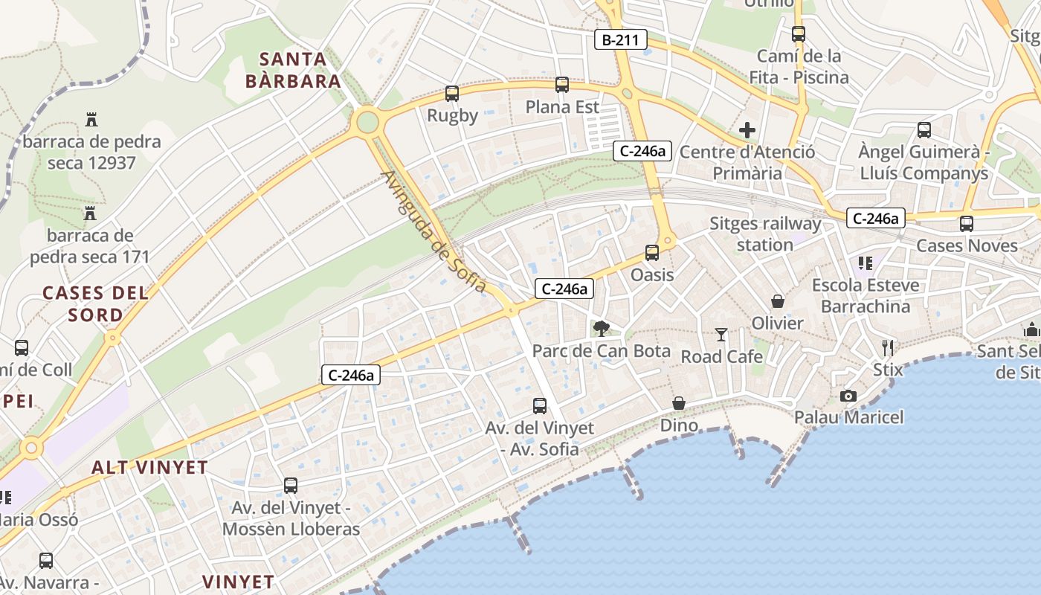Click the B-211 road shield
tap(620, 39)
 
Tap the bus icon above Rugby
tap(452, 94)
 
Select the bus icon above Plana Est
tap(562, 85)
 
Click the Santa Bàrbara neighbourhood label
tap(293, 70)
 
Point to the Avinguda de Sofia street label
tap(434, 231)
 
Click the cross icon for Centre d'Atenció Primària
tap(747, 131)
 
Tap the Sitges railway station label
tap(765, 234)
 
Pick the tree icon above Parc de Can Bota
tap(601, 328)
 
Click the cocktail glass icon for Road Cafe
tap(721, 335)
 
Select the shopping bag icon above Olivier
tap(778, 301)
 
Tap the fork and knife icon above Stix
tap(887, 347)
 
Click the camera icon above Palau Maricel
tap(848, 396)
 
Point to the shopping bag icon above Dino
tap(679, 403)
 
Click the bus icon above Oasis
tap(652, 253)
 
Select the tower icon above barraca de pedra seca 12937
tap(91, 119)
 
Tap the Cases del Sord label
tap(95, 303)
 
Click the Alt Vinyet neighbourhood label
tap(149, 467)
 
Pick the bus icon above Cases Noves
tap(967, 223)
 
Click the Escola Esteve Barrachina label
tap(865, 295)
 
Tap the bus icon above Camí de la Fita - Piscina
tap(799, 34)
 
